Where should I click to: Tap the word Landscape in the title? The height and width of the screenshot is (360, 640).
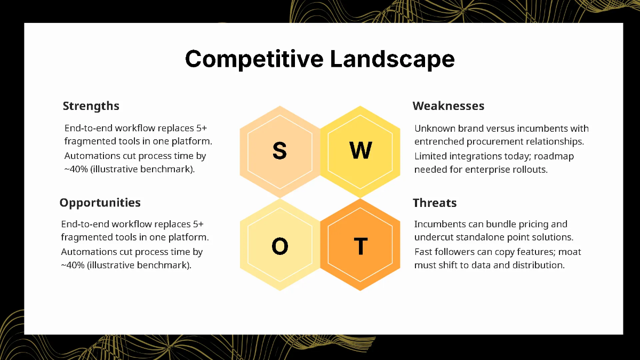pyautogui.click(x=392, y=59)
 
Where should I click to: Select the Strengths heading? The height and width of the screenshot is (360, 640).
pyautogui.click(x=91, y=106)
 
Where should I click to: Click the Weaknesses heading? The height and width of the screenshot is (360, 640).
pyautogui.click(x=449, y=106)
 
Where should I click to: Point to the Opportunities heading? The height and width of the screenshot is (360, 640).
pyautogui.click(x=100, y=203)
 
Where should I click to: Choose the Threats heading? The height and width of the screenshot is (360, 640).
pyautogui.click(x=435, y=203)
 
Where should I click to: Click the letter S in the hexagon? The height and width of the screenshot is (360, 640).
pyautogui.click(x=279, y=151)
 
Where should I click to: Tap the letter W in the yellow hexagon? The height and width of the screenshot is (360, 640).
pyautogui.click(x=361, y=151)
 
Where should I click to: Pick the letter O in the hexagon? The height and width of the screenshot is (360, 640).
pyautogui.click(x=279, y=246)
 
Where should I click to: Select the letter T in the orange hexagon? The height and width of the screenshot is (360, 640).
pyautogui.click(x=361, y=246)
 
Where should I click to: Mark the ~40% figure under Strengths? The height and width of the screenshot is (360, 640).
pyautogui.click(x=76, y=170)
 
